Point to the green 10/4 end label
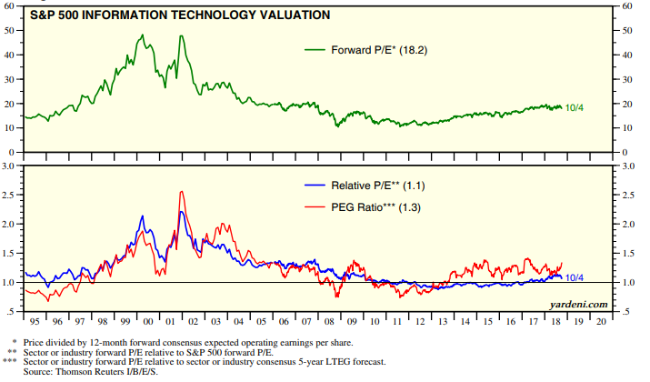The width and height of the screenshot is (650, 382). [574, 108]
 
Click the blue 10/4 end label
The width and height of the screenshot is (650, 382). [575, 277]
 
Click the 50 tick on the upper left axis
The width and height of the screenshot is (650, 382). [11, 30]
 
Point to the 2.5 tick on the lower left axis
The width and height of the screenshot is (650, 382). [11, 196]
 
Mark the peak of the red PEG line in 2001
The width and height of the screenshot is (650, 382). [182, 192]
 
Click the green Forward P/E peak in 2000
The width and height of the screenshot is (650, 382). [143, 35]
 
